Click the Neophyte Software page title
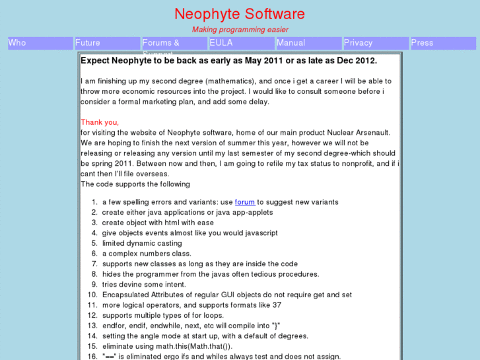(x=240, y=14)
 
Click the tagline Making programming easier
(x=240, y=30)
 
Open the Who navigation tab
(x=40, y=43)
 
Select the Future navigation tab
(x=107, y=43)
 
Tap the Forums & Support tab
(x=174, y=43)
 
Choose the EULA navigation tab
(x=241, y=43)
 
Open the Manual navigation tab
(x=308, y=43)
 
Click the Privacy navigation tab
(x=376, y=43)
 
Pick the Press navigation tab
(x=442, y=43)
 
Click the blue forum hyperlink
(x=245, y=202)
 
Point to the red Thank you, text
(x=100, y=122)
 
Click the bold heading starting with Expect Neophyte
(x=228, y=61)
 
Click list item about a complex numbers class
(x=147, y=254)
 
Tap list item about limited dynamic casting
(x=142, y=243)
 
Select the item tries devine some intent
(x=144, y=285)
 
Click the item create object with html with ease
(x=158, y=223)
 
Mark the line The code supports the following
(x=135, y=184)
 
